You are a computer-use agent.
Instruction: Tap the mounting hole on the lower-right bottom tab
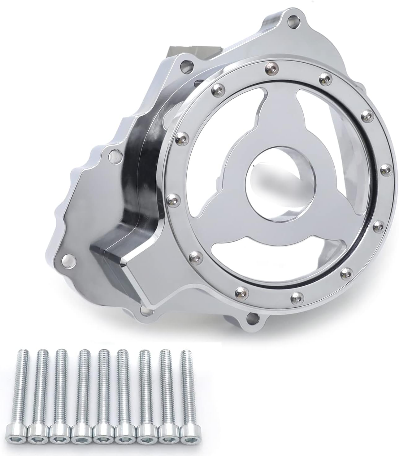pos(250,317)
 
